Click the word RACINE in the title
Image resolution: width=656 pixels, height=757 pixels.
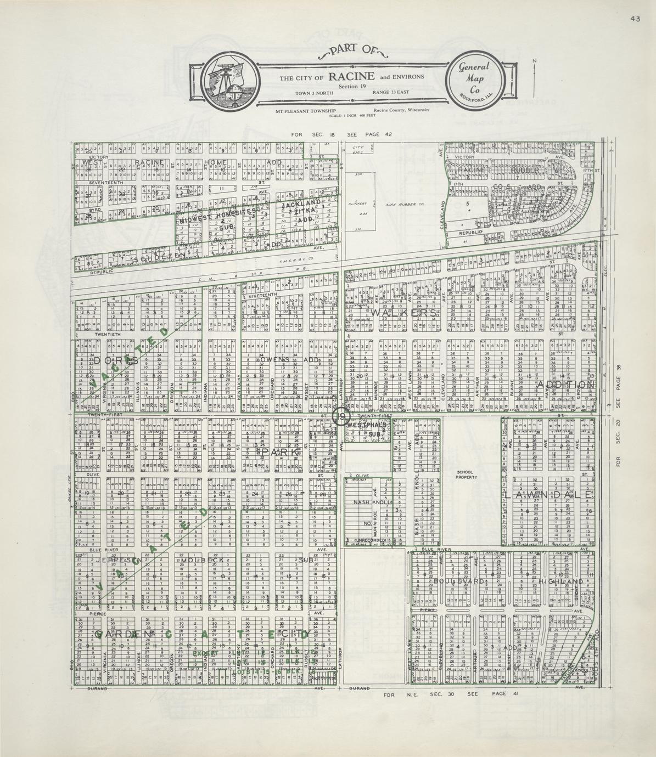(x=351, y=76)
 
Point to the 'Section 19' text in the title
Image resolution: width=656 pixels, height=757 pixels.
(x=352, y=86)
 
